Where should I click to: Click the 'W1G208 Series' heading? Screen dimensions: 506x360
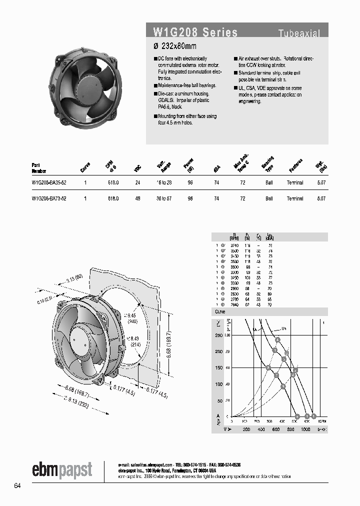click(195, 33)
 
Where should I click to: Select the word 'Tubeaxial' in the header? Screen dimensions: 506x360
click(299, 33)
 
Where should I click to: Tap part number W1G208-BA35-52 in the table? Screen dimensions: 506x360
click(49, 183)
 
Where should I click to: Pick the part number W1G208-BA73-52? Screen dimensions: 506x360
click(49, 198)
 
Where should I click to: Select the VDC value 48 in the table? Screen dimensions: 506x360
click(137, 198)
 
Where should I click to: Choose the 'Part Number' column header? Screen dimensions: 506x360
click(39, 167)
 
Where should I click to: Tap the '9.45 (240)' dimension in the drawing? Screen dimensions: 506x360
click(131, 318)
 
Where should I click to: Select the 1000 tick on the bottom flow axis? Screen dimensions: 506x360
click(305, 429)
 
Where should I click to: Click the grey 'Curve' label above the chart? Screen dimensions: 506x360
click(220, 311)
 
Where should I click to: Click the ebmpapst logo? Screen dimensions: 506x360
click(62, 469)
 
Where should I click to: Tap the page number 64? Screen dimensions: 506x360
click(18, 486)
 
